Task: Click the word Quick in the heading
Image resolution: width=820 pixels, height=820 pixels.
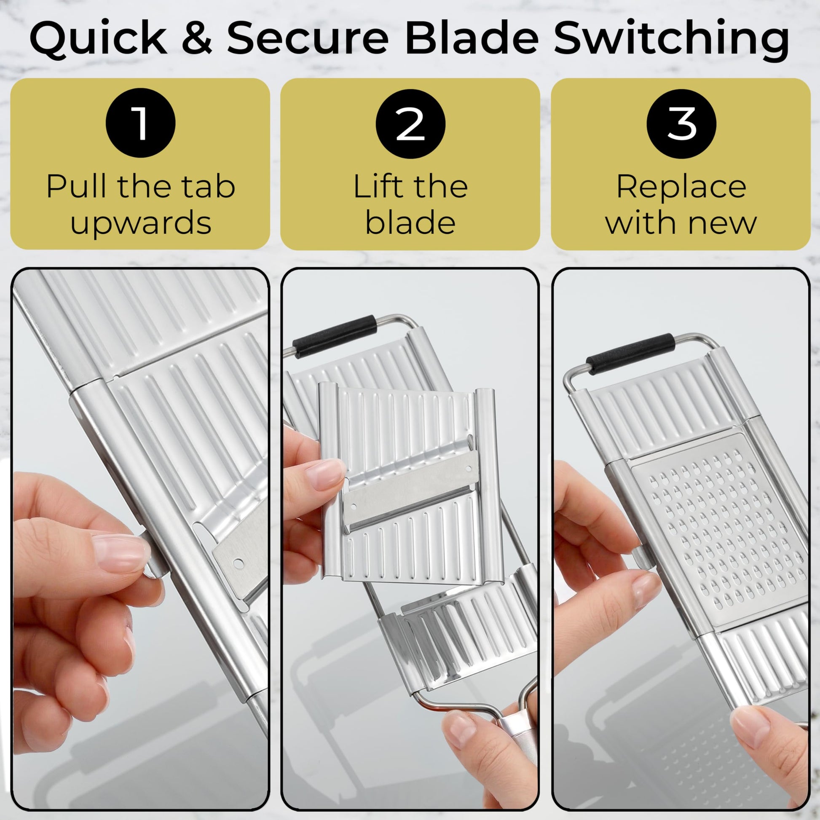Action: click(99, 39)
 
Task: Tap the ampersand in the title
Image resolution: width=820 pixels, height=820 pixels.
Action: click(197, 38)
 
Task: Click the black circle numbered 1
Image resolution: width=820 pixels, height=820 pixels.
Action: click(140, 123)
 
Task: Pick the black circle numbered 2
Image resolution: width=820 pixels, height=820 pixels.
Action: click(410, 123)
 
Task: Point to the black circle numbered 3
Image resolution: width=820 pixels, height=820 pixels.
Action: click(682, 123)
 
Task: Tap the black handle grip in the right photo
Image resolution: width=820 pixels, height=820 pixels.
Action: click(630, 354)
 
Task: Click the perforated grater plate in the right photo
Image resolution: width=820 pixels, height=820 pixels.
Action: click(720, 531)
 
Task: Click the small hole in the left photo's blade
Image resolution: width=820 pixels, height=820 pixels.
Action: click(238, 564)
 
